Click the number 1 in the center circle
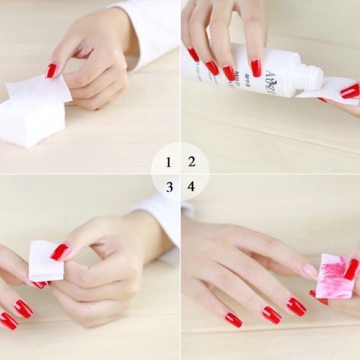(x=169, y=162)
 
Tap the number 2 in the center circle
(x=192, y=161)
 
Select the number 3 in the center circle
(x=169, y=187)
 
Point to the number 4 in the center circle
(x=191, y=187)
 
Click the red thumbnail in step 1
(x=51, y=70)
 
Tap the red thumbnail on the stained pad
(x=351, y=269)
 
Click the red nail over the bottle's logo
(x=256, y=68)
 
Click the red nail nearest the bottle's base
(x=193, y=54)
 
